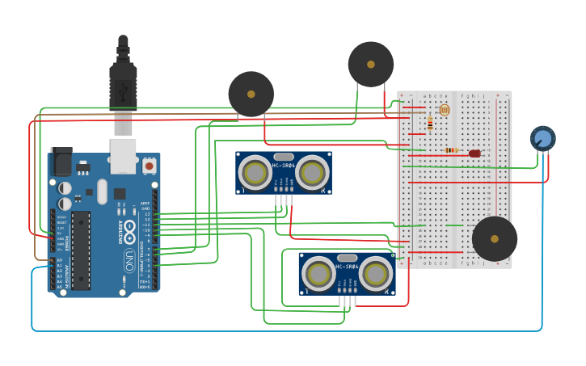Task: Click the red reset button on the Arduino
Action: [x=149, y=166]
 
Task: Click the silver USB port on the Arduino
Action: [x=123, y=155]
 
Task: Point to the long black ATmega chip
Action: [x=81, y=250]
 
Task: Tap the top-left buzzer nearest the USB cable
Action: [x=251, y=95]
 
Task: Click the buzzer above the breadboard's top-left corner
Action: [x=371, y=64]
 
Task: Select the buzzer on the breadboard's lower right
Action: [x=495, y=238]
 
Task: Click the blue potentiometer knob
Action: [x=542, y=139]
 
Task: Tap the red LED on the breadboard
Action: [x=474, y=154]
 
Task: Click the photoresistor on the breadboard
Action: [x=443, y=110]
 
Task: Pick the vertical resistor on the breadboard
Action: [x=430, y=124]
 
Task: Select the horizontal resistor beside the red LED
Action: [x=451, y=150]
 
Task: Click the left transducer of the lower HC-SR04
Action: [x=318, y=274]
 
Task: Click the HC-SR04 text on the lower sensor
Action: [x=347, y=266]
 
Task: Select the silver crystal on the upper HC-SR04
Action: [x=284, y=157]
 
